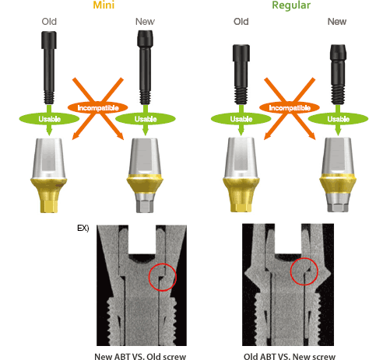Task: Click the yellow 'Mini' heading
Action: (104, 5)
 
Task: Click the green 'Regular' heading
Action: (291, 5)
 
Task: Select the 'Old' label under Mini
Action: (49, 22)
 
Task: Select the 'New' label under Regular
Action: (337, 22)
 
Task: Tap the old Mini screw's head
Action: (49, 40)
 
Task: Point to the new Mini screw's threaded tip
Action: (145, 97)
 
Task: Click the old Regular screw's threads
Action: (241, 96)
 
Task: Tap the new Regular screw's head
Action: (338, 52)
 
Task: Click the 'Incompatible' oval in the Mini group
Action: (98, 108)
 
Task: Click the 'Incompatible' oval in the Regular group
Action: (290, 108)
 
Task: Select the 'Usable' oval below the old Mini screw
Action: (49, 119)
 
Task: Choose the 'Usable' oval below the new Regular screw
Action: (338, 119)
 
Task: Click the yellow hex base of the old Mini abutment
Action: (49, 206)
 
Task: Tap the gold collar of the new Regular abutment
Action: (338, 184)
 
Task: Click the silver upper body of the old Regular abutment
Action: (241, 157)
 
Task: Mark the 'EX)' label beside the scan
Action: (83, 228)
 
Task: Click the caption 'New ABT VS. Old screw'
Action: (140, 356)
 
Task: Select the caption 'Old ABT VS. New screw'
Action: (290, 356)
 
